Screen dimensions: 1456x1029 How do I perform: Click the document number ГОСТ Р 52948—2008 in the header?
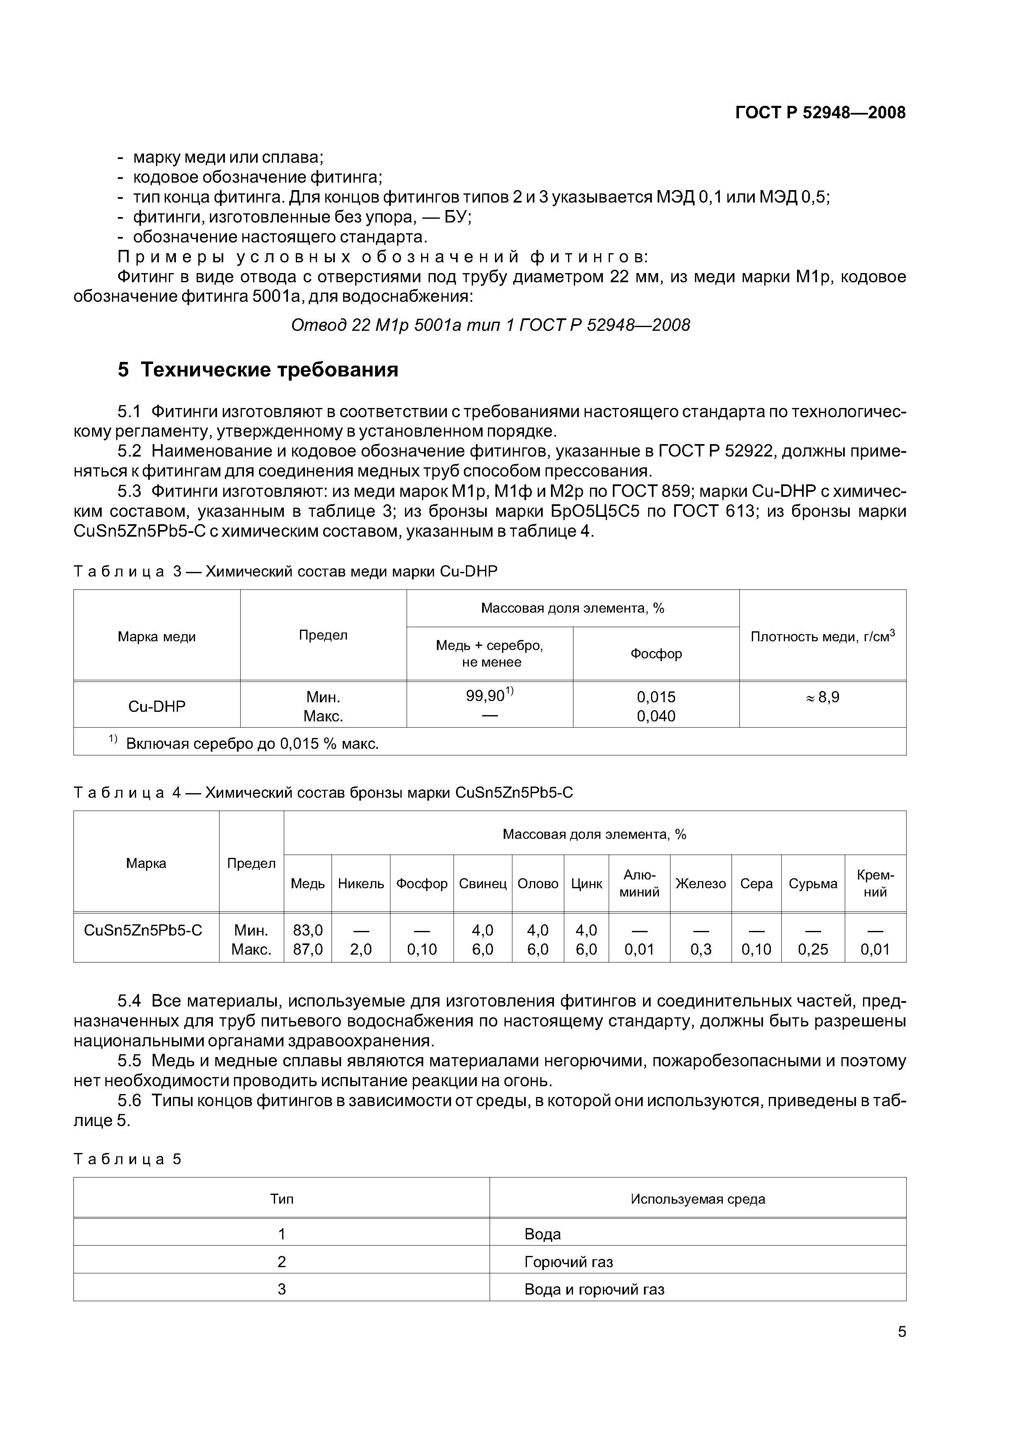pos(820,113)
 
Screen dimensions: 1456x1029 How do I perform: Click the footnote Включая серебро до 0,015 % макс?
pos(252,743)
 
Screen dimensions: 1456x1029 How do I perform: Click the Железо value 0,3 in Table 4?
pos(700,949)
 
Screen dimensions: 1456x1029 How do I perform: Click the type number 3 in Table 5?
pos(281,1289)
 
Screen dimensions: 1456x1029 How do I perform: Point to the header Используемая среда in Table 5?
pos(697,1199)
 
